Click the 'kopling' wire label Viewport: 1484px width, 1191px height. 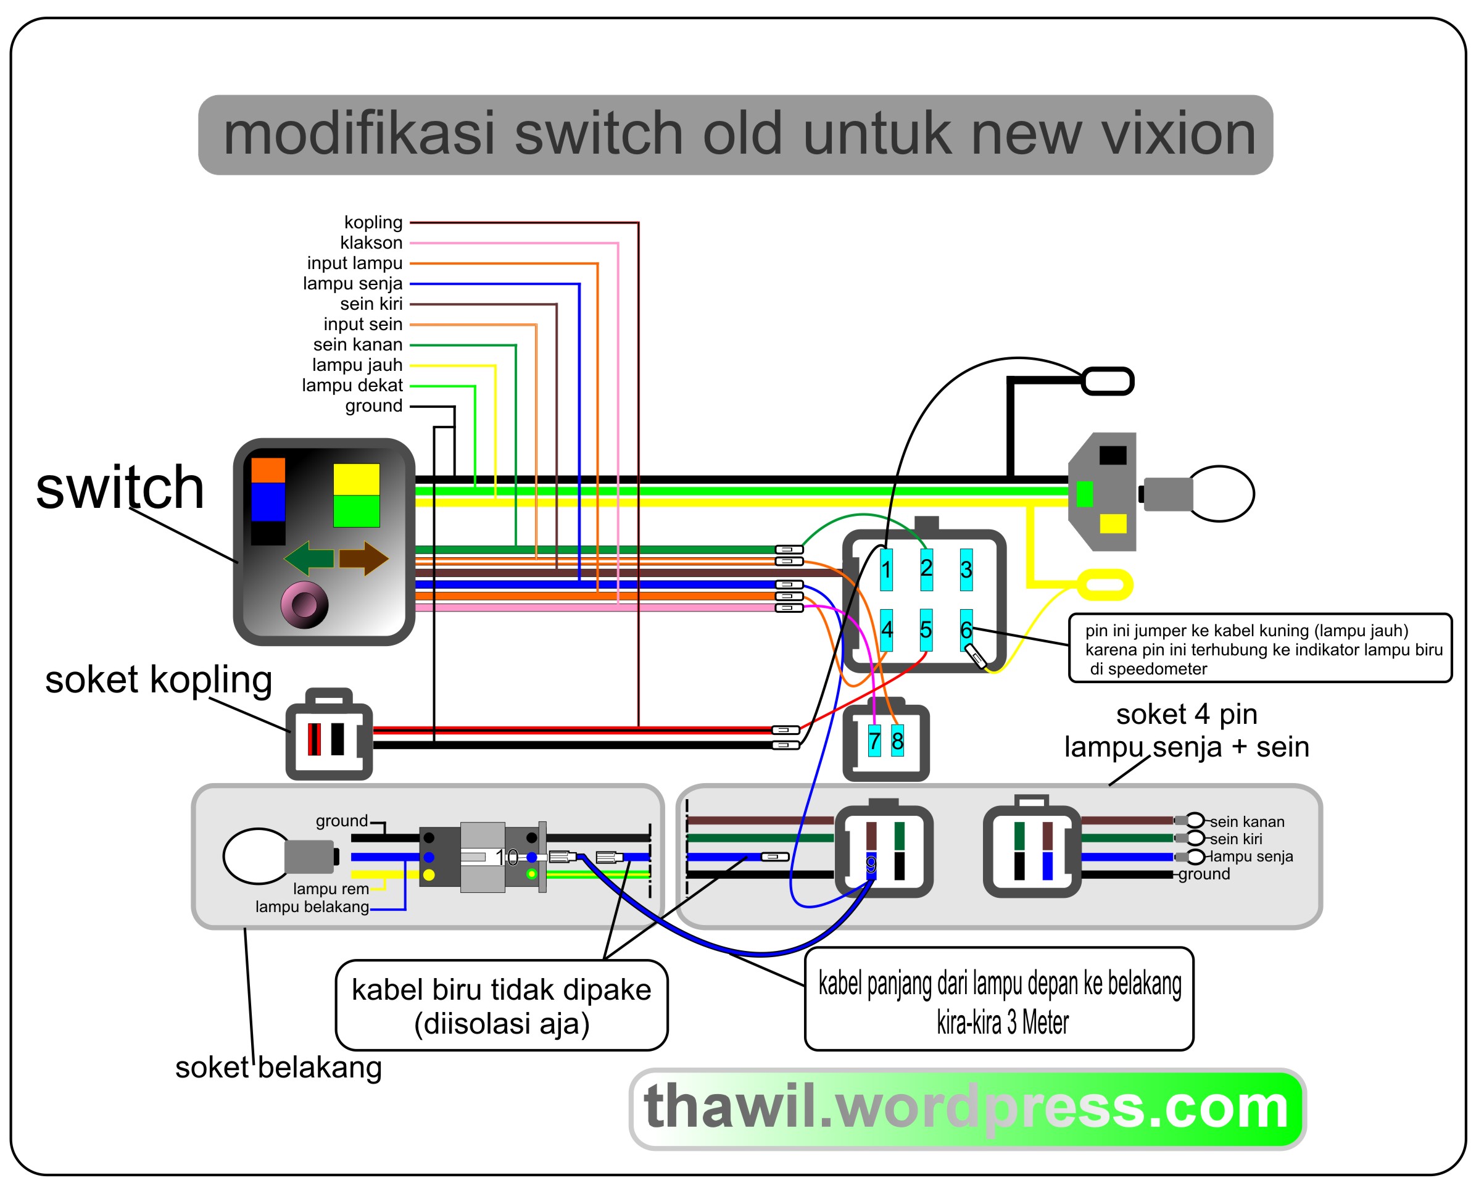pos(373,222)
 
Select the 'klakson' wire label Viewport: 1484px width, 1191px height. pos(371,243)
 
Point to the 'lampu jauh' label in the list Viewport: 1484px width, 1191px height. pos(357,365)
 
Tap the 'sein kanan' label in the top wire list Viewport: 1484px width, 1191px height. pos(357,344)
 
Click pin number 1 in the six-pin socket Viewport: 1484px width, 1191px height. pos(887,570)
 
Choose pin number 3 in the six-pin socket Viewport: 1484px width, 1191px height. pos(966,570)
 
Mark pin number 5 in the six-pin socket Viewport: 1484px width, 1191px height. pos(926,629)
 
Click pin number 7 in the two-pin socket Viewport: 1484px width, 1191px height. pos(874,742)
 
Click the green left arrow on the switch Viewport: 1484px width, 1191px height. pos(309,558)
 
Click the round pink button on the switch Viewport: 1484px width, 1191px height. pos(304,605)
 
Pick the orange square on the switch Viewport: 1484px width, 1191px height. pos(268,470)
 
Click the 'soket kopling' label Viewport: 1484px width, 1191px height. pos(159,679)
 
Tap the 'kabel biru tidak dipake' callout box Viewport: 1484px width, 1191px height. pos(501,1006)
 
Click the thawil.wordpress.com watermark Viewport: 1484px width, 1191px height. pos(966,1108)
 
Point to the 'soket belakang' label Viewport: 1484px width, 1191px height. pos(278,1067)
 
